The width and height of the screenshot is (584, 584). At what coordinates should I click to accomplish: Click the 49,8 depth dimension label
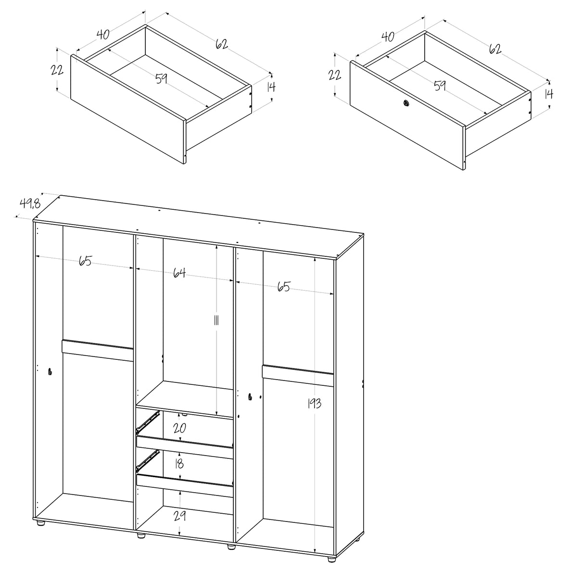pos(29,203)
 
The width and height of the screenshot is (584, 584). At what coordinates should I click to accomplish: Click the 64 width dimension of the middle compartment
pos(179,273)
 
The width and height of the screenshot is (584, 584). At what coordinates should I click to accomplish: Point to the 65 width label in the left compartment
pos(85,262)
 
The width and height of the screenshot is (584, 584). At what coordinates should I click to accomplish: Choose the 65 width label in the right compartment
pos(283,287)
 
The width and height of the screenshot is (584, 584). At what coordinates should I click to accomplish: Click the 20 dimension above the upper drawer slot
pos(179,428)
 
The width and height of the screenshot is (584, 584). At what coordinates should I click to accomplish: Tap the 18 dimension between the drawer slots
pos(179,464)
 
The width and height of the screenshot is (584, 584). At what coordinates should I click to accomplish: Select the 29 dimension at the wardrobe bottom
pos(179,517)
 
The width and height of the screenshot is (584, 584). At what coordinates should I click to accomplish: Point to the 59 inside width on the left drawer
pos(162,77)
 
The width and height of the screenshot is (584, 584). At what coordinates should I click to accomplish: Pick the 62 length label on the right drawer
pos(495,49)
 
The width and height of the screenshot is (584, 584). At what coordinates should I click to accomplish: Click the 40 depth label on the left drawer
pos(102,35)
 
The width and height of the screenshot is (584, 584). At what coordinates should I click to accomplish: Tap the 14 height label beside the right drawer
pos(548,94)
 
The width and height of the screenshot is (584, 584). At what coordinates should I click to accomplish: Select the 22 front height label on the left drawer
pos(57,70)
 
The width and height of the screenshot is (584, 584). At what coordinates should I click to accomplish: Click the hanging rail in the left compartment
pos(97,351)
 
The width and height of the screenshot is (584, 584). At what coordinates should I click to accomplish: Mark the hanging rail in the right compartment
pos(297,375)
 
